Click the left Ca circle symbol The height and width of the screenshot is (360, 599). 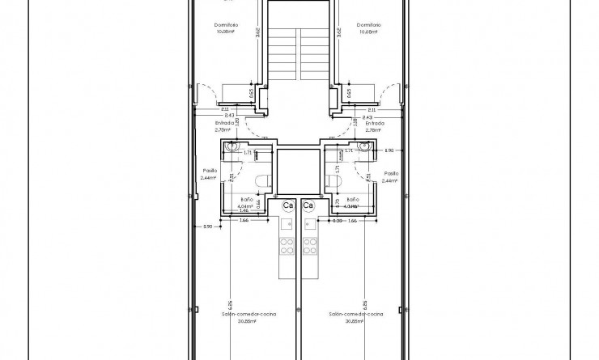[x=287, y=205]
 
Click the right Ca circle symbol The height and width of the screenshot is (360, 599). [x=308, y=205]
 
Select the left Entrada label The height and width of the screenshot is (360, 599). [x=223, y=124]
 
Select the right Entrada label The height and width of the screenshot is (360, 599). [x=375, y=124]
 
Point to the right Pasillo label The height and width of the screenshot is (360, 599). [x=392, y=172]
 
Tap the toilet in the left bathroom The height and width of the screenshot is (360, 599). [x=261, y=181]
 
